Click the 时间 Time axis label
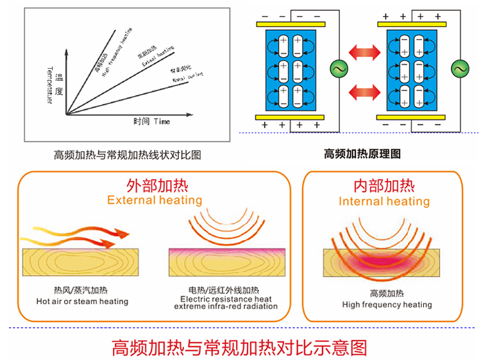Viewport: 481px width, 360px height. [x=151, y=121]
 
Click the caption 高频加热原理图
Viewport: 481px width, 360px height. [x=362, y=153]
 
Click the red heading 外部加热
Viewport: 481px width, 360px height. [x=155, y=186]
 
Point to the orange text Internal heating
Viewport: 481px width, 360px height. [x=384, y=201]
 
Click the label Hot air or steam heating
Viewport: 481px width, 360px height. [x=82, y=302]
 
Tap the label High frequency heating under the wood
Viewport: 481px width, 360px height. [x=387, y=305]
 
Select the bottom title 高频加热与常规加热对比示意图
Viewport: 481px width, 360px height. [x=240, y=347]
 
